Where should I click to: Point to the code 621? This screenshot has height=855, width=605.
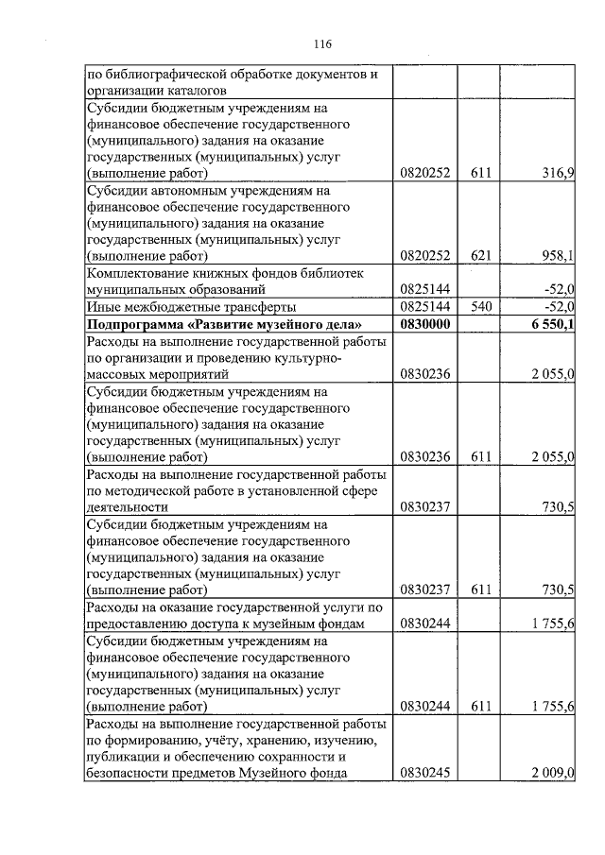coord(482,255)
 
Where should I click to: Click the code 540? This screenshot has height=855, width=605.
coord(482,306)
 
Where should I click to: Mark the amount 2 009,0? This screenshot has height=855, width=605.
coord(553,774)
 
